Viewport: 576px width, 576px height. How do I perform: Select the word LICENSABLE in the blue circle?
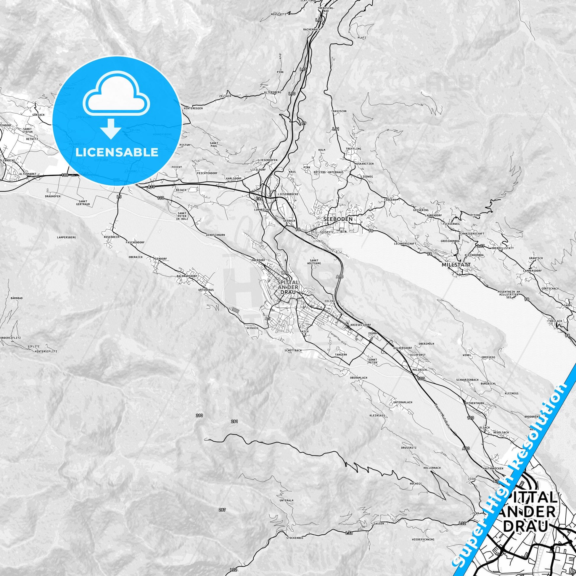(x=117, y=152)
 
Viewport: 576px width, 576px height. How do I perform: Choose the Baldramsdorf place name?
(x=187, y=276)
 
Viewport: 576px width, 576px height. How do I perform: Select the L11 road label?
(x=336, y=129)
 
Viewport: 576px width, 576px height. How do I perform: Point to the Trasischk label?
(x=339, y=111)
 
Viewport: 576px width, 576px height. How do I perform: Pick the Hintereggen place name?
(x=193, y=108)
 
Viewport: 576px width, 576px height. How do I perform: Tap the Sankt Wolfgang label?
(x=316, y=262)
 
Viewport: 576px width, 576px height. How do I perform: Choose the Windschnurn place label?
(x=215, y=235)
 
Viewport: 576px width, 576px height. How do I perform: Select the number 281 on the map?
(x=235, y=421)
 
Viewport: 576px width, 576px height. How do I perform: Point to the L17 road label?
(x=481, y=246)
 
